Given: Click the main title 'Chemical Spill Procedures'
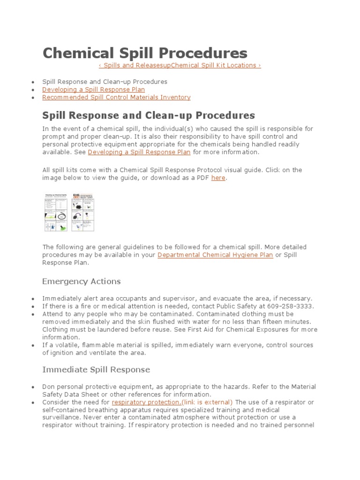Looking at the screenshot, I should (145, 52).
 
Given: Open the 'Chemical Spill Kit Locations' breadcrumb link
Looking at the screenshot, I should (216, 65).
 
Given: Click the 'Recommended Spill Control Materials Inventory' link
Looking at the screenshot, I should (116, 97).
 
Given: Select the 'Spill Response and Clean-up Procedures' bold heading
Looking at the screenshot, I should (149, 115).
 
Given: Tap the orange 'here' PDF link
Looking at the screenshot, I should (218, 178).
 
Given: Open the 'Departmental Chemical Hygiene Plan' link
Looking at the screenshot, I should (215, 255).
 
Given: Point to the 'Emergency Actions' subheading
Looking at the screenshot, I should (82, 281).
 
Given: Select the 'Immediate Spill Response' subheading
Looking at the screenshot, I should (96, 369).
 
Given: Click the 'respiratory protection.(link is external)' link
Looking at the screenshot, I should (172, 402).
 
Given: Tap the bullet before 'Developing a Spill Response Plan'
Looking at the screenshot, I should (33, 90).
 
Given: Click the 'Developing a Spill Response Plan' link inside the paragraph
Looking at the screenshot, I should (139, 152).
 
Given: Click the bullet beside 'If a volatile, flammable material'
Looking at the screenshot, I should (33, 345).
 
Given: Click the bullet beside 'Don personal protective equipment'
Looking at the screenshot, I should (33, 387).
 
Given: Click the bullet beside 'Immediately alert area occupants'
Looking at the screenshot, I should (33, 299).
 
